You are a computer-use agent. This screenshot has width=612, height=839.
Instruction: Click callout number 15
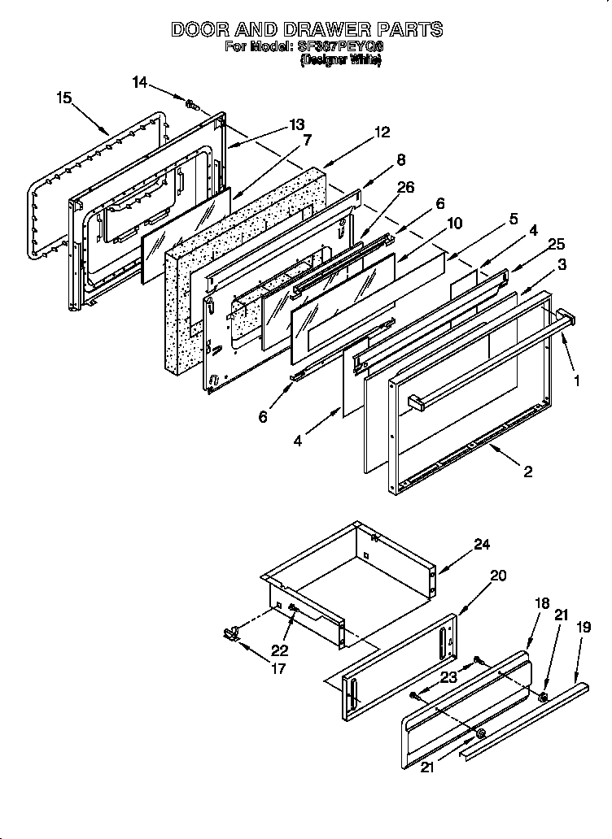pos(64,98)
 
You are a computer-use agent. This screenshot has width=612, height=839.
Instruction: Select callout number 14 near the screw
pos(140,81)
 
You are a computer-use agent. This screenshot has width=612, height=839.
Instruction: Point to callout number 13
pos(296,124)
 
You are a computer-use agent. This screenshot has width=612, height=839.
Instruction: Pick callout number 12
pos(382,133)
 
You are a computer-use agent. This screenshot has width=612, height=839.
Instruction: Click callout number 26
pos(405,188)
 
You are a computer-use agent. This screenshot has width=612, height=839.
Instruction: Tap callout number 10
pos(454,222)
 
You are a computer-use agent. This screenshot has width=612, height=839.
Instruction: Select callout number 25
pos(555,244)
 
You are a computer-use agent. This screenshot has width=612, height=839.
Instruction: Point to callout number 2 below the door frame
pos(528,472)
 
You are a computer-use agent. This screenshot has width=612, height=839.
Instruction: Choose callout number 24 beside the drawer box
pos(482,545)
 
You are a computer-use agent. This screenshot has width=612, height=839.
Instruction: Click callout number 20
pos(498,576)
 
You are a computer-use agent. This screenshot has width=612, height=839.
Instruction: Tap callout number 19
pos(584,627)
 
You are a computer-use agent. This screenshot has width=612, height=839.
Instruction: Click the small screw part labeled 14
pos(193,105)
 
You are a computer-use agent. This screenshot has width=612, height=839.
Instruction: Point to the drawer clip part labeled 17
pos(230,633)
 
